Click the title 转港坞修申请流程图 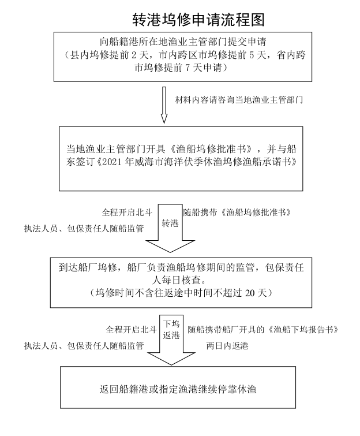point(198,20)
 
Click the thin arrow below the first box point(164,105)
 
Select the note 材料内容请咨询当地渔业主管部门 point(239,100)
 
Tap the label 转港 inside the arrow point(170,223)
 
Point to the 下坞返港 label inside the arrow point(171,330)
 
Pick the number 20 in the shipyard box point(250,293)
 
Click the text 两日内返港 point(227,346)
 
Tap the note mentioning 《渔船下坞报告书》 point(263,330)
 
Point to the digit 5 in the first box point(252,55)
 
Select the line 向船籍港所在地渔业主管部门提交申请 point(183,42)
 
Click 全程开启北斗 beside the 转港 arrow point(127,213)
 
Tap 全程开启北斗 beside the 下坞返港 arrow point(131,330)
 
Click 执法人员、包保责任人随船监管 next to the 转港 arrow point(84,229)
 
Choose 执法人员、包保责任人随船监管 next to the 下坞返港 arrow point(84,346)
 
